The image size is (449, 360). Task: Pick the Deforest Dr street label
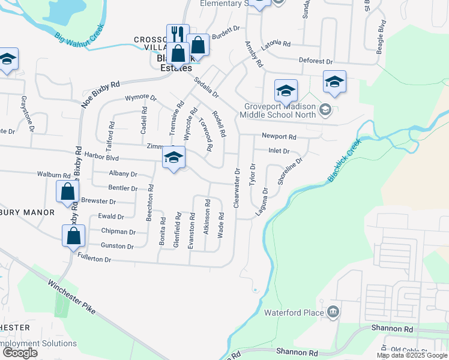316,61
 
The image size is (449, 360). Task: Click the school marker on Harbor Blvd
174,157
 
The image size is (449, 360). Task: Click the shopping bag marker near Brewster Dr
67,191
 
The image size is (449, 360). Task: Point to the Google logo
20,353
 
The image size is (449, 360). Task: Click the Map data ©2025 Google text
412,355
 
